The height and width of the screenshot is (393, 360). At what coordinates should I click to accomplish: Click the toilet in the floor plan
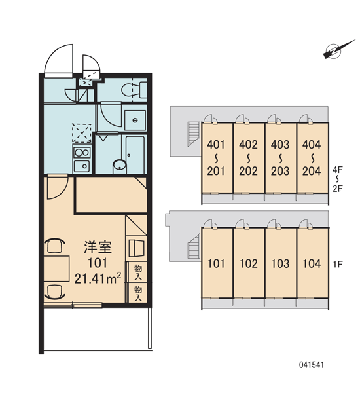click(x=134, y=90)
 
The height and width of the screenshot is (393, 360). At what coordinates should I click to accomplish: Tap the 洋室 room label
click(x=98, y=247)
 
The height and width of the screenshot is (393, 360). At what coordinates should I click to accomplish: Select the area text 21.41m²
click(x=98, y=278)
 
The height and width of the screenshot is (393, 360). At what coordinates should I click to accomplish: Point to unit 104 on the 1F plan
click(x=312, y=264)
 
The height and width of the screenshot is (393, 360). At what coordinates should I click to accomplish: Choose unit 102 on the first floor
click(x=249, y=264)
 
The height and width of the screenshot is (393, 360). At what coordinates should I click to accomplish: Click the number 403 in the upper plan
click(x=280, y=145)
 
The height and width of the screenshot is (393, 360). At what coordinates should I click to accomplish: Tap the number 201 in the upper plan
click(x=216, y=171)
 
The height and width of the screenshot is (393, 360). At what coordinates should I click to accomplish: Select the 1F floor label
click(x=338, y=264)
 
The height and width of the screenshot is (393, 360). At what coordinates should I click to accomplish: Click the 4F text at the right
click(x=338, y=170)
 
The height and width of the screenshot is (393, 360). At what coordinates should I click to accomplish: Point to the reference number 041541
click(x=312, y=365)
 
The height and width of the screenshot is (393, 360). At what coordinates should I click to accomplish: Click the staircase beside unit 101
click(x=194, y=246)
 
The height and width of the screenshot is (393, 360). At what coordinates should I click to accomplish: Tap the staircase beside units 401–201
click(x=194, y=134)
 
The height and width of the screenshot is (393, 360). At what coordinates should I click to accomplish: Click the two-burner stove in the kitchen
click(x=82, y=153)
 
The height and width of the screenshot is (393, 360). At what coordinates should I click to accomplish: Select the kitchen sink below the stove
click(x=82, y=166)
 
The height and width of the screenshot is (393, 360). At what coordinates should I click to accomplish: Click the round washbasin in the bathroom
click(x=120, y=166)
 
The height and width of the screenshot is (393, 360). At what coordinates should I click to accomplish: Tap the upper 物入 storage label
click(x=138, y=272)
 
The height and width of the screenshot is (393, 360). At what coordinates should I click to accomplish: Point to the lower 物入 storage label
click(x=138, y=293)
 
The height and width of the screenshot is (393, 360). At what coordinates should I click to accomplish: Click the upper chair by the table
click(x=54, y=245)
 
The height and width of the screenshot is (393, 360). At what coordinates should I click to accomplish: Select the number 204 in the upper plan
click(x=312, y=171)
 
